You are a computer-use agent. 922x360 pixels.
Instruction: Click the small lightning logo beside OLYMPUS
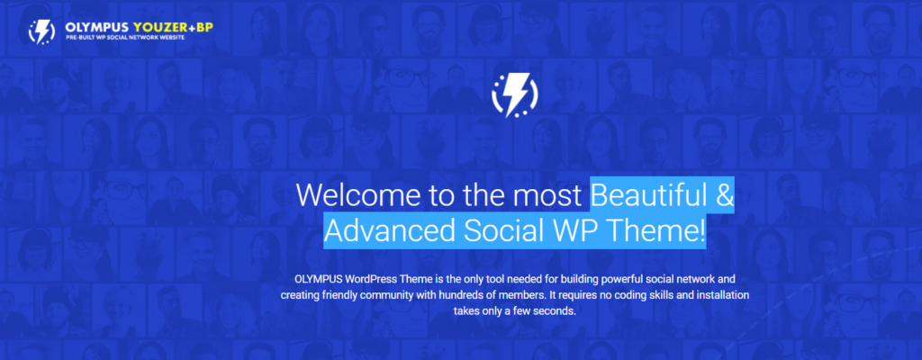click(41, 31)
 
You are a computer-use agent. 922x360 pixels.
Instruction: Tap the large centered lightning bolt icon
click(515, 95)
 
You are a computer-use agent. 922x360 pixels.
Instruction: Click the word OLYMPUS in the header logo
click(97, 27)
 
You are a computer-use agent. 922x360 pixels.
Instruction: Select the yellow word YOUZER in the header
click(160, 27)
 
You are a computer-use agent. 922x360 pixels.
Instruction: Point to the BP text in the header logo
click(204, 27)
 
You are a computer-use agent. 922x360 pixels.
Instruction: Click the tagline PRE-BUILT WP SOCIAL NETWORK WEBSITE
click(124, 38)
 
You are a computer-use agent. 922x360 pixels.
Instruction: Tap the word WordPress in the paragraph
click(371, 278)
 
